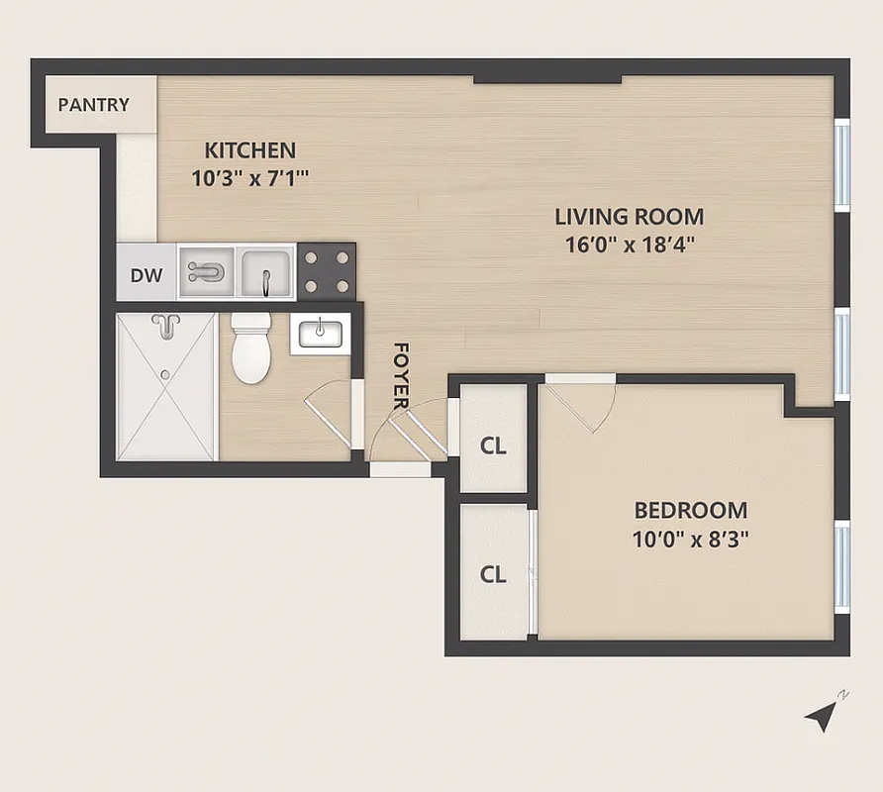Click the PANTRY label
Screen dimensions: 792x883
pos(93,104)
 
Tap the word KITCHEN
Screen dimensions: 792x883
pos(249,150)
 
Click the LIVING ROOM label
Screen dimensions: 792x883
pos(629,216)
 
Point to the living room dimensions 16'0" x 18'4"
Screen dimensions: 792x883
pos(629,245)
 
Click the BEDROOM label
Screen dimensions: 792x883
pos(690,511)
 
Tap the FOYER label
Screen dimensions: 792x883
pos(401,375)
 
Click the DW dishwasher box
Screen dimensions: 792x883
pos(147,275)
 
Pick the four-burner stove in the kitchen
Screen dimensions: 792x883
pos(326,271)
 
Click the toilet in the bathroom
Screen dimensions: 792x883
pos(249,348)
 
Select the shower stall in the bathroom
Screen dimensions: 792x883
pos(166,386)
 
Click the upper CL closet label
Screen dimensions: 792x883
pos(493,445)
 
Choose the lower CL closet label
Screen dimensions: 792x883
pos(493,574)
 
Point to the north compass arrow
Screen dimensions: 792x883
pos(822,715)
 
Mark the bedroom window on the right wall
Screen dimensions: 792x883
pos(842,564)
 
